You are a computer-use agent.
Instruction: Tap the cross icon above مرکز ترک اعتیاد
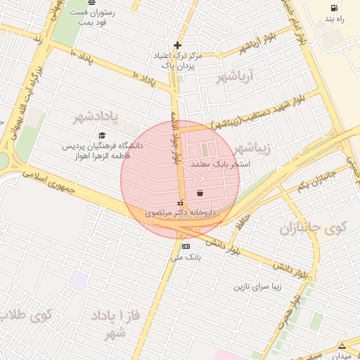[177, 45]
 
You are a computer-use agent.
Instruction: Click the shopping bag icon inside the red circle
[200, 193]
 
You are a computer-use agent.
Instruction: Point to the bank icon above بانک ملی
[186, 246]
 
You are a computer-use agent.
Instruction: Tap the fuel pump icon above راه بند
[332, 8]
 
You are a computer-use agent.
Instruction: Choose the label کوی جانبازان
[313, 228]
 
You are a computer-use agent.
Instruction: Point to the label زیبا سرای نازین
[258, 287]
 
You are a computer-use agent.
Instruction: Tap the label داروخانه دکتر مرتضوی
[179, 210]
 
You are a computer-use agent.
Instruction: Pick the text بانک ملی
[186, 258]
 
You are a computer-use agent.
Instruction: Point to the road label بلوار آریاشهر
[254, 49]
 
